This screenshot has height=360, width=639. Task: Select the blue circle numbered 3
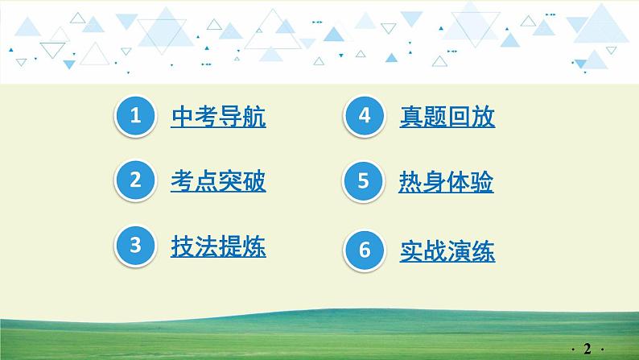click(x=135, y=246)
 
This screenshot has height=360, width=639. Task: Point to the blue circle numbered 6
click(x=364, y=250)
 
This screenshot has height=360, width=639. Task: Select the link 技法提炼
click(x=218, y=246)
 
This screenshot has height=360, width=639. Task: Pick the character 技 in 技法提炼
click(x=183, y=246)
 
